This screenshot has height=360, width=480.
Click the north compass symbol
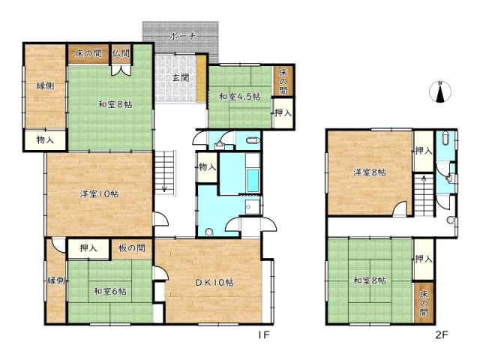440,92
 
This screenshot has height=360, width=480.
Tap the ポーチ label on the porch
182,37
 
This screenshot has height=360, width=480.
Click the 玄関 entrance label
180,78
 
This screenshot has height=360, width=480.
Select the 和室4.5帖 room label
240,97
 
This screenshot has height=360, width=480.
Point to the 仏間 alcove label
121,53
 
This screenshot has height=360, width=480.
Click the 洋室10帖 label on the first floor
100,193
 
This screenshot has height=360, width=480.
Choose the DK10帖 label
214,282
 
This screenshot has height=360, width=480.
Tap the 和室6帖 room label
110,291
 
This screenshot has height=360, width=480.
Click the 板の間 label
132,247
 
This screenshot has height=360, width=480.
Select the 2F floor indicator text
442,334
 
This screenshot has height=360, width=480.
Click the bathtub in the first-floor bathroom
253,180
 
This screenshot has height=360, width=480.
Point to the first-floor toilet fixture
253,141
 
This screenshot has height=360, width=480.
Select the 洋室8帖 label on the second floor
370,172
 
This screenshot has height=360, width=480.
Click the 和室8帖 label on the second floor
370,280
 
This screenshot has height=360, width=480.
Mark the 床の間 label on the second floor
424,303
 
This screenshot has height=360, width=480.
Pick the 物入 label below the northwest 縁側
45,140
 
